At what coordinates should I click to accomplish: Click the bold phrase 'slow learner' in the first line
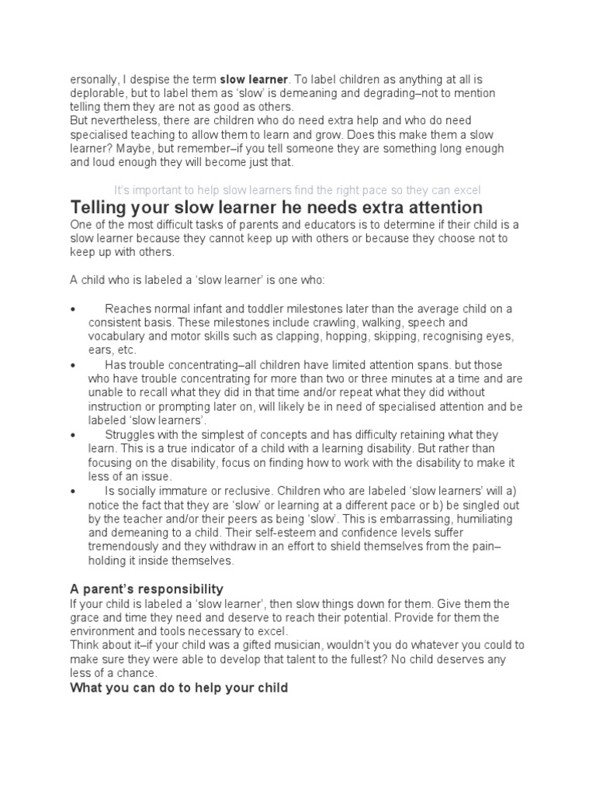coord(254,79)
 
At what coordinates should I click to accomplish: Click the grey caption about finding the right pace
coord(297,190)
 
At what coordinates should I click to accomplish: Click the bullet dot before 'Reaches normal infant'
coord(73,309)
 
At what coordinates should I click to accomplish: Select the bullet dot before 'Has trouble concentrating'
coord(73,364)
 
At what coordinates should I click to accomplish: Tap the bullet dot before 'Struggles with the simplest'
coord(73,435)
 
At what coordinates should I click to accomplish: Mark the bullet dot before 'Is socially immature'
coord(73,491)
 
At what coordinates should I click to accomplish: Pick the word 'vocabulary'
coord(116,337)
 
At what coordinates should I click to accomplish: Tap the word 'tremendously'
coord(125,547)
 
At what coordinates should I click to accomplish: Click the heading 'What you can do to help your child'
coord(179,688)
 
